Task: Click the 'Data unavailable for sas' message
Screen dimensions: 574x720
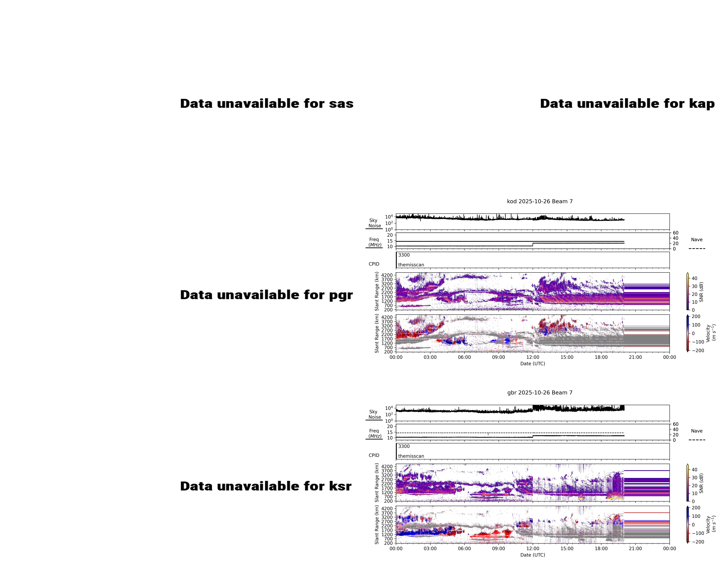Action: point(267,103)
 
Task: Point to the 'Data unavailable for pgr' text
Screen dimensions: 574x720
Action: point(266,295)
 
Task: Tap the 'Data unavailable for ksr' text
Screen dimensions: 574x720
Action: point(266,486)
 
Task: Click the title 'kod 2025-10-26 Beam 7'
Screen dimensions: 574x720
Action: point(540,201)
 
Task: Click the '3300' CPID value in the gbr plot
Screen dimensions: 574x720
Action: point(404,446)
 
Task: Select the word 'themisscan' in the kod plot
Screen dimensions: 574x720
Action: point(411,265)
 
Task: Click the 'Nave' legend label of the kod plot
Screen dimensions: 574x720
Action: point(697,240)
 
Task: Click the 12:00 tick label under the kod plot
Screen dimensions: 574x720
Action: point(533,357)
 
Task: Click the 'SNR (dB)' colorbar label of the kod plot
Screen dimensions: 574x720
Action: point(701,292)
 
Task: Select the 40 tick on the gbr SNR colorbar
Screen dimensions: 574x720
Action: point(694,470)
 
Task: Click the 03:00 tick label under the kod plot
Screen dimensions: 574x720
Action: point(430,357)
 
